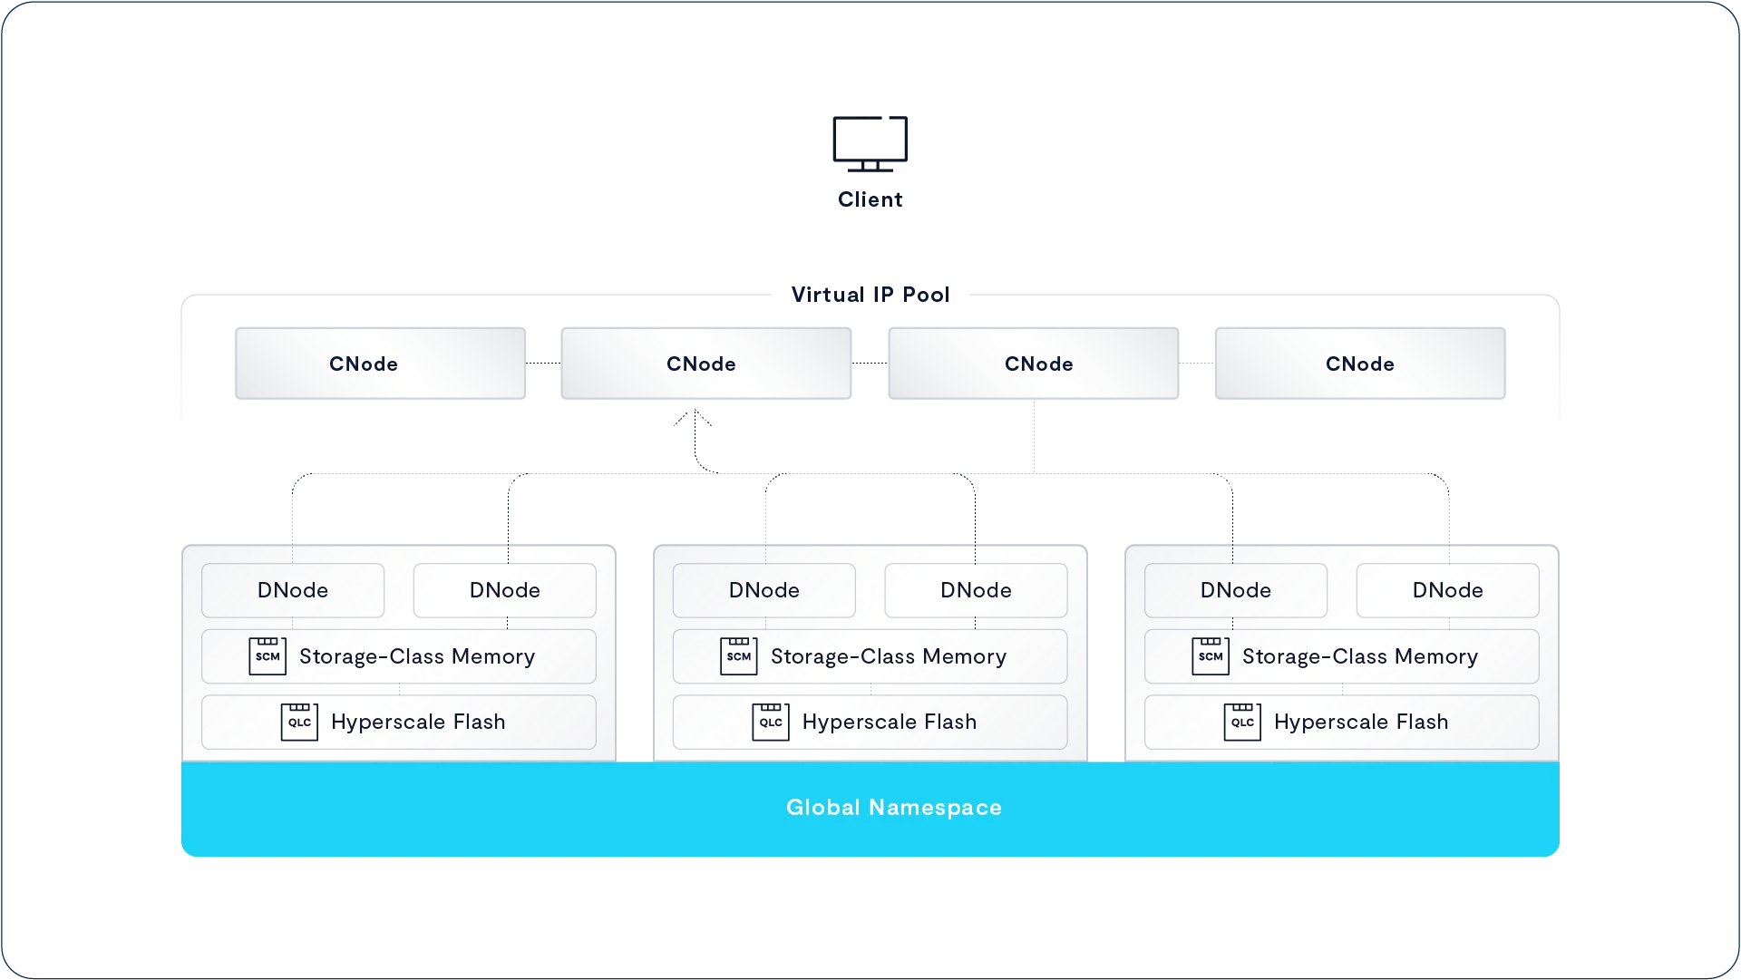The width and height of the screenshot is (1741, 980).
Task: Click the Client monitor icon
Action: [x=870, y=143]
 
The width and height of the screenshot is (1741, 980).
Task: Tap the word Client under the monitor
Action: [x=870, y=199]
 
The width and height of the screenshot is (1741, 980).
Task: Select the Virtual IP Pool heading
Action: [x=870, y=295]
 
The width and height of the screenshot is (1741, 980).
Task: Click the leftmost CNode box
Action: [x=380, y=364]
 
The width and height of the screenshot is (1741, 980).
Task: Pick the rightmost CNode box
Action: [x=1360, y=364]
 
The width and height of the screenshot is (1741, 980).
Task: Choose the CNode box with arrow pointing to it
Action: [x=706, y=364]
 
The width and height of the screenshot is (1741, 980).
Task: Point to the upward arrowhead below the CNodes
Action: [x=695, y=416]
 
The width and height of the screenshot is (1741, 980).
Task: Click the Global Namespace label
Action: [x=894, y=808]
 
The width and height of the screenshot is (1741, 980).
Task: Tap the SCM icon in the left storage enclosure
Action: [x=267, y=655]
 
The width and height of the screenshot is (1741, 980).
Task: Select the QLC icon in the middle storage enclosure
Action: [x=771, y=722]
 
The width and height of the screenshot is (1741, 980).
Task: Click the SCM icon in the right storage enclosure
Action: [x=1211, y=655]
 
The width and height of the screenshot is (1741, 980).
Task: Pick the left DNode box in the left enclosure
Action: [x=293, y=590]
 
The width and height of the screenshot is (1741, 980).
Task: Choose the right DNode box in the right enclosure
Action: [x=1448, y=590]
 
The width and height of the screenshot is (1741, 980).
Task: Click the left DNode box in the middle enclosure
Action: [x=764, y=590]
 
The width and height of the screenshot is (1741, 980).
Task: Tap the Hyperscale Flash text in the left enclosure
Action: [x=418, y=722]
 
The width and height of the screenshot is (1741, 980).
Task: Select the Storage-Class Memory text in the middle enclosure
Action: [x=889, y=656]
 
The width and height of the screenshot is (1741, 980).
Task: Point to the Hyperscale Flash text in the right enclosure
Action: [x=1361, y=722]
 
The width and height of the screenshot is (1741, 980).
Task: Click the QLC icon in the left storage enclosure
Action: [x=299, y=722]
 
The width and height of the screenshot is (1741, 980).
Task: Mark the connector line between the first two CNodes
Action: [x=543, y=364]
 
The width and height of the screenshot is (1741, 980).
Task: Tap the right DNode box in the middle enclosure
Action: [x=977, y=590]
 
